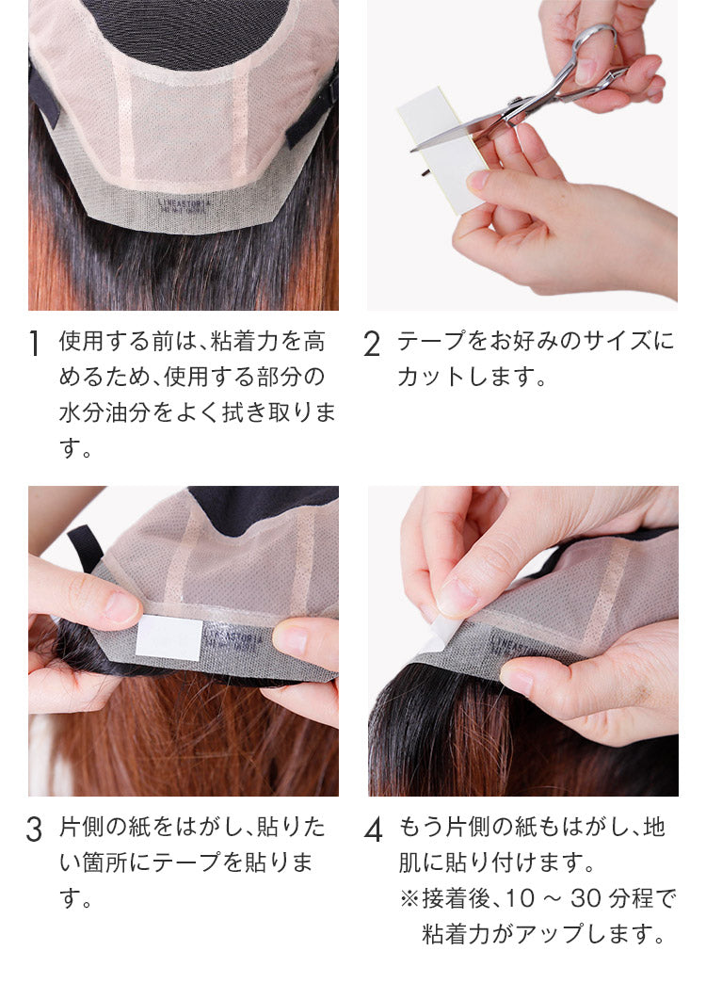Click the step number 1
pos(35,344)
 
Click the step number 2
pos(372,344)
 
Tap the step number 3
pos(35,830)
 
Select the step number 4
pos(374,830)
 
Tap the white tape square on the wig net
pos(168,637)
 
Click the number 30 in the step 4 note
pos(586,898)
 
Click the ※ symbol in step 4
pos(409,899)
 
